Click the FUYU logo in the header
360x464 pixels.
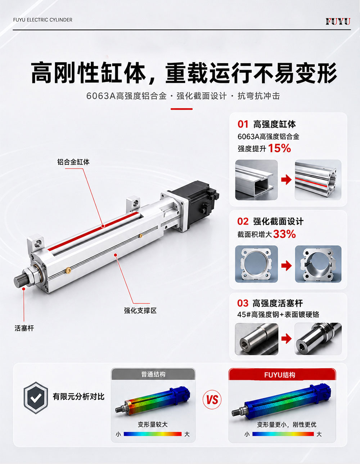[x=338, y=22]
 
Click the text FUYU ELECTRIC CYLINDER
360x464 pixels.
[x=43, y=20]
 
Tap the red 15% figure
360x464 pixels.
[x=279, y=148]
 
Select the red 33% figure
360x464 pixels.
[x=284, y=234]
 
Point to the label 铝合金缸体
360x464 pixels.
[x=73, y=162]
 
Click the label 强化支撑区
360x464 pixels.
[x=140, y=311]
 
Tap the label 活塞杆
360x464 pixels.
[x=24, y=328]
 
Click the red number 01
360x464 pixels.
[x=243, y=124]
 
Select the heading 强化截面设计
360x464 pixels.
[x=278, y=222]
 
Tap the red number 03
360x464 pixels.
[x=243, y=303]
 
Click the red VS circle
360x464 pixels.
[x=212, y=400]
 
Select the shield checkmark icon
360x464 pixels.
[x=36, y=398]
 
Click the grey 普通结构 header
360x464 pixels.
[x=153, y=374]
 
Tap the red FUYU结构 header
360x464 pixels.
[x=282, y=375]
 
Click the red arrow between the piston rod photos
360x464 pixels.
[x=286, y=339]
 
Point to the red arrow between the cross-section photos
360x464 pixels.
[x=286, y=266]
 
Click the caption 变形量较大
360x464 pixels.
[x=153, y=424]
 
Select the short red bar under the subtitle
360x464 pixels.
[x=181, y=109]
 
